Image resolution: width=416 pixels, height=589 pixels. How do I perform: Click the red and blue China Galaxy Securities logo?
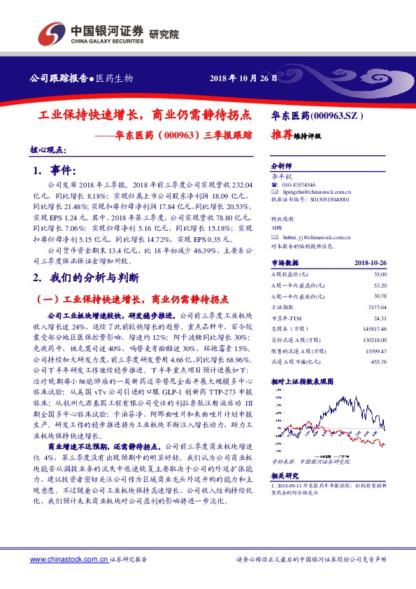click(x=52, y=31)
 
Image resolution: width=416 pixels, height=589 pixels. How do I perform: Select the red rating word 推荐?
click(x=282, y=136)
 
